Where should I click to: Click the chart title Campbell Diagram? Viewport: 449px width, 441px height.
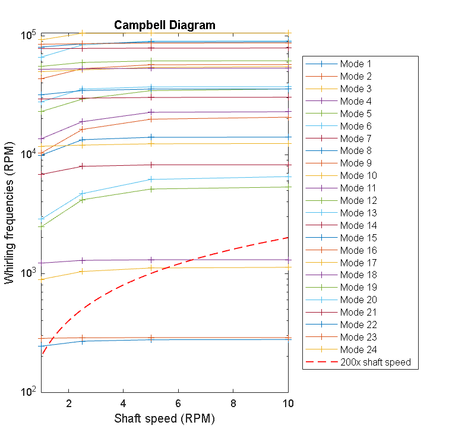[x=165, y=25]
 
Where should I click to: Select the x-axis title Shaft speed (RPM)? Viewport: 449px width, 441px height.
[x=165, y=418]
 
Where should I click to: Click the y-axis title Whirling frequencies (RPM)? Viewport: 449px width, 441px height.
[x=10, y=213]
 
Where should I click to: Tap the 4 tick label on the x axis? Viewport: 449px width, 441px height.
[x=123, y=403]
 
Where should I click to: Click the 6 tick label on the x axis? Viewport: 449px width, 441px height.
[x=178, y=403]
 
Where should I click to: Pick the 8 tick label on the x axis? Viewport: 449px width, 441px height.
[x=232, y=403]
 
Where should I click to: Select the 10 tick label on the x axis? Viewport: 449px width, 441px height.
[x=287, y=403]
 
